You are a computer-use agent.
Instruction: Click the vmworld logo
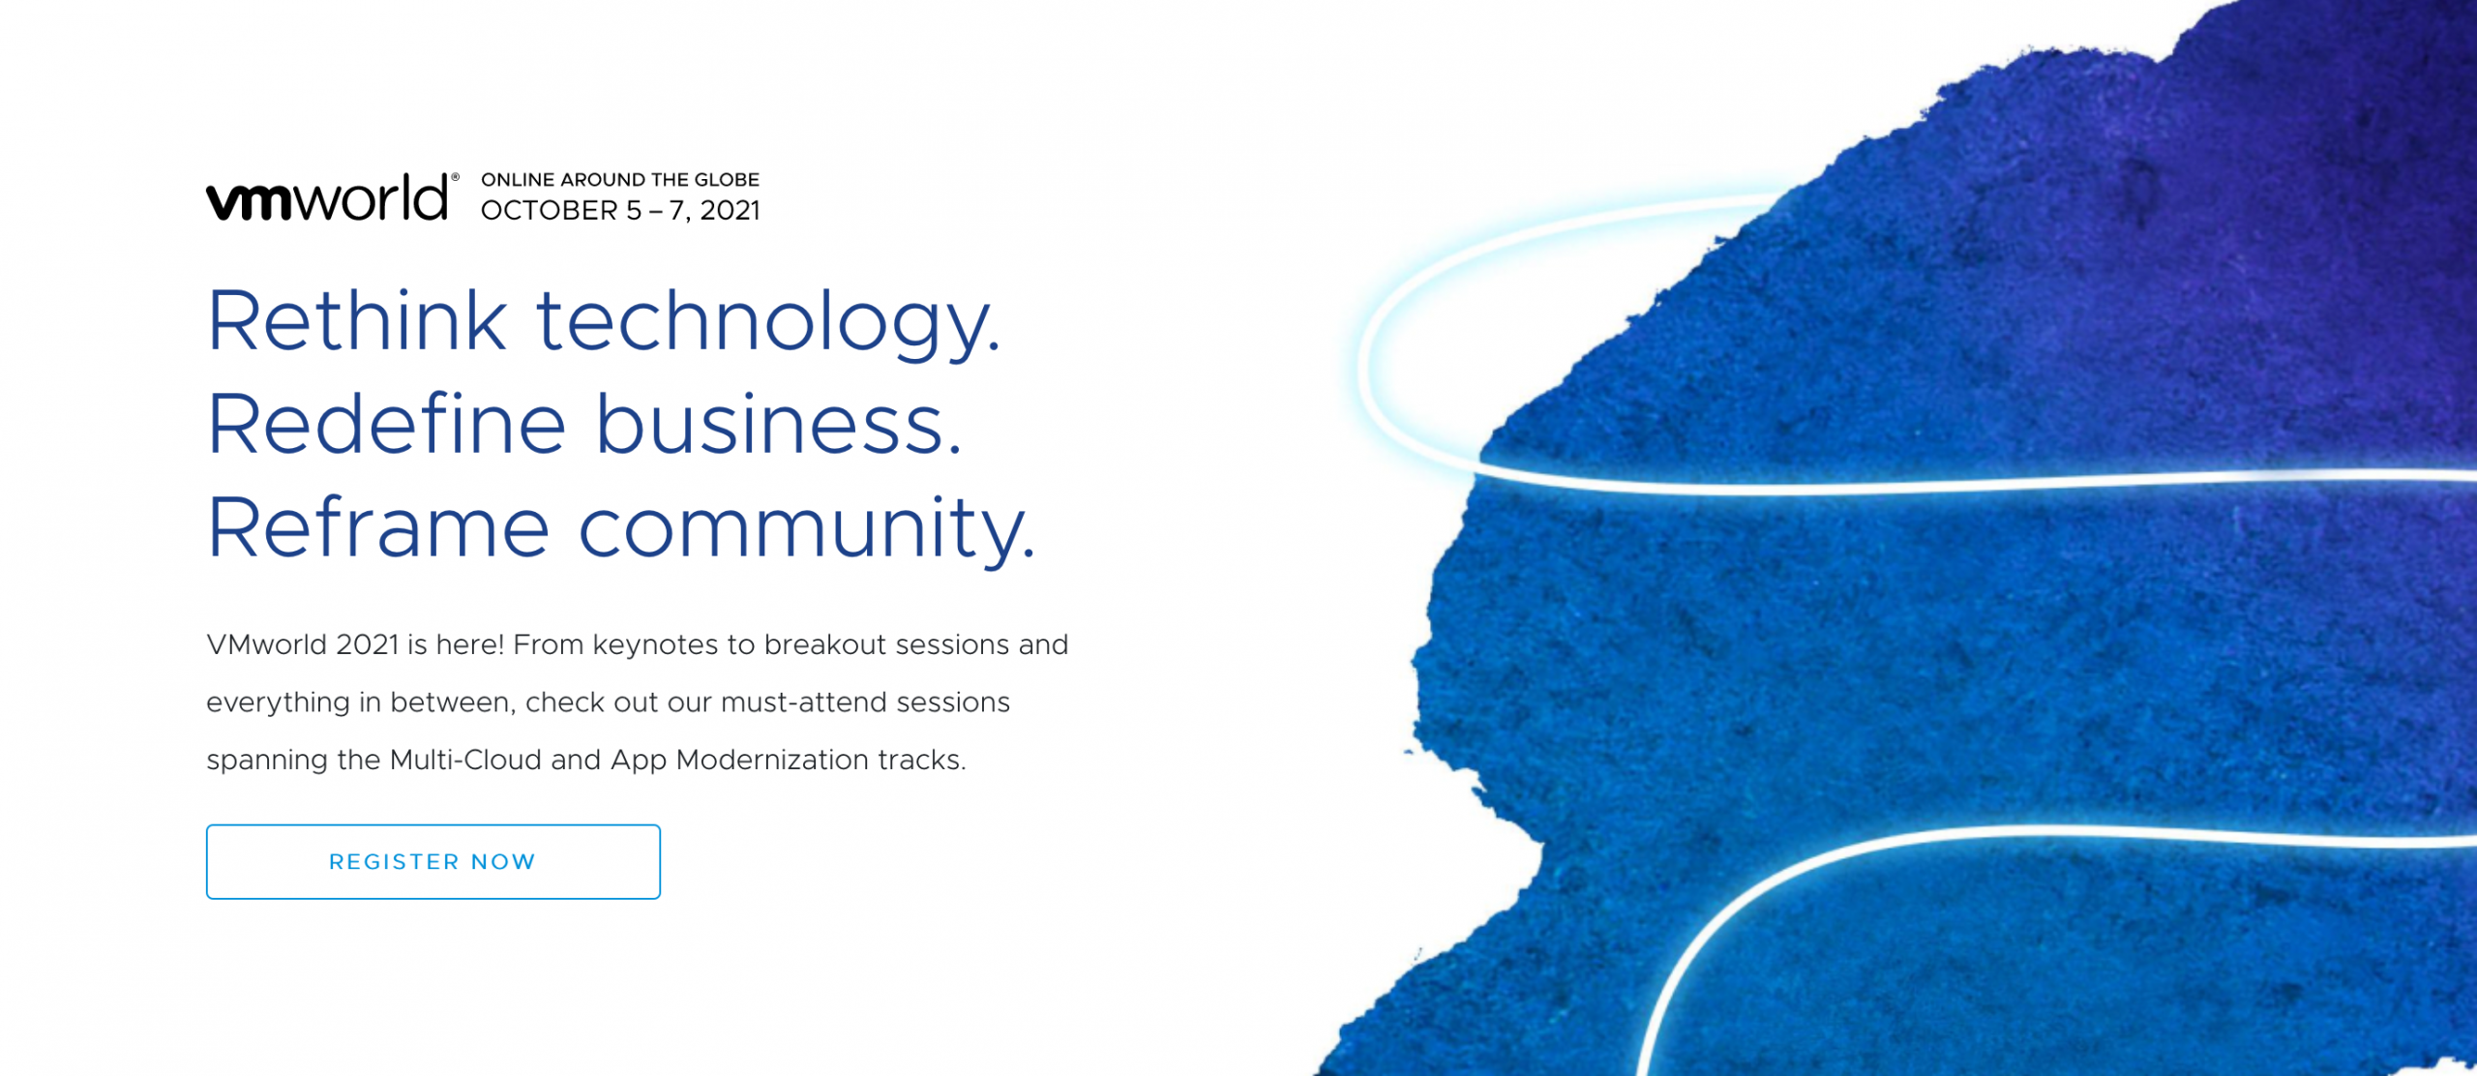coord(327,198)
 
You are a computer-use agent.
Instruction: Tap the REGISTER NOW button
coord(433,861)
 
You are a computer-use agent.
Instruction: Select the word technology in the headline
coord(768,324)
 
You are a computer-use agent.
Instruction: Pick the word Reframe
coord(379,526)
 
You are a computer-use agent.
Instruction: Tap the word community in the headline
coord(807,530)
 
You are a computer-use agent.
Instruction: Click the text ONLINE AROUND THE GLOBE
coord(620,180)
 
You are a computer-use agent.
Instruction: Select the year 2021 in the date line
coord(730,211)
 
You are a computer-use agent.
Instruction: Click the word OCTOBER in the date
coord(549,211)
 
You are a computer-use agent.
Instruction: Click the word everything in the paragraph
coord(278,703)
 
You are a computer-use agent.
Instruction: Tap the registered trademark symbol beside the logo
coord(456,177)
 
